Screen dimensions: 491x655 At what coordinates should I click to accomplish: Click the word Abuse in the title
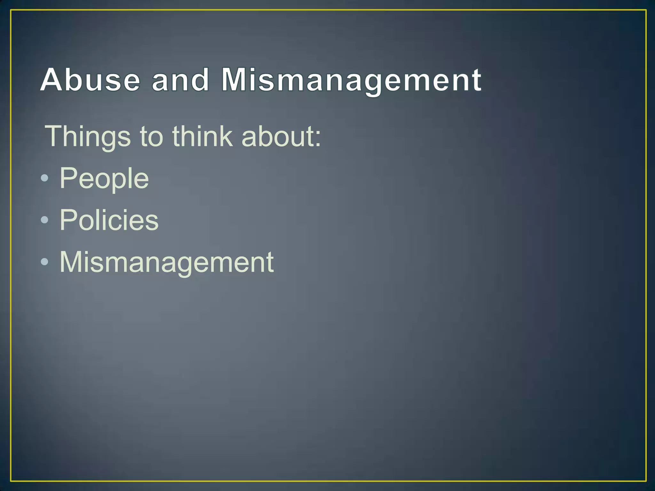[90, 80]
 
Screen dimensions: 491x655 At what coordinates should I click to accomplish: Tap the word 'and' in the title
[180, 80]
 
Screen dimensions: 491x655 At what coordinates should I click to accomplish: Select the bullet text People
[104, 178]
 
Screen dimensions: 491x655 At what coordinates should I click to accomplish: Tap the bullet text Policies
[109, 220]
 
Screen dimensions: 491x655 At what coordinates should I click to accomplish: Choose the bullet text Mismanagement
[167, 262]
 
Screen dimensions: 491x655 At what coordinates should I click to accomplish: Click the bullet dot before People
[45, 178]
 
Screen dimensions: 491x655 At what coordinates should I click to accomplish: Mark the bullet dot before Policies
[45, 220]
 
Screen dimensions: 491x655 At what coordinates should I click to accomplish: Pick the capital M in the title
[235, 80]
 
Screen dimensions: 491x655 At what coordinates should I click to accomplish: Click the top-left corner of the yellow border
[11, 10]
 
